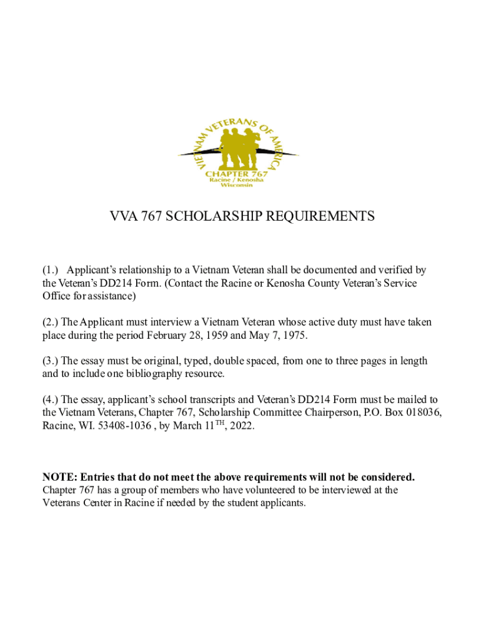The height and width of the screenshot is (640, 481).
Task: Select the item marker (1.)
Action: [51, 270]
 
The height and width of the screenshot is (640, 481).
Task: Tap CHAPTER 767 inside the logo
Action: [237, 173]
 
